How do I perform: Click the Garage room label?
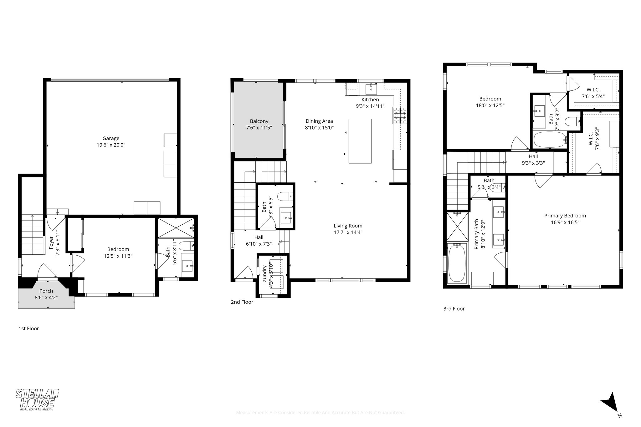[111, 138]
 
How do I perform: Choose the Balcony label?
[259, 121]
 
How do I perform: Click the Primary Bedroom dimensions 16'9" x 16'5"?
[565, 222]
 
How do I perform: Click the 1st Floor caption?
[29, 328]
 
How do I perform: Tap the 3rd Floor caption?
[454, 309]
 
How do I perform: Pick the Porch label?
[46, 291]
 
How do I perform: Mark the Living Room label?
[348, 226]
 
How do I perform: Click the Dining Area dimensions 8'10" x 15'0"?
[319, 128]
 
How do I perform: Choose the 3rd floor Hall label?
[533, 156]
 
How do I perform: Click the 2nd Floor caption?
[242, 302]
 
